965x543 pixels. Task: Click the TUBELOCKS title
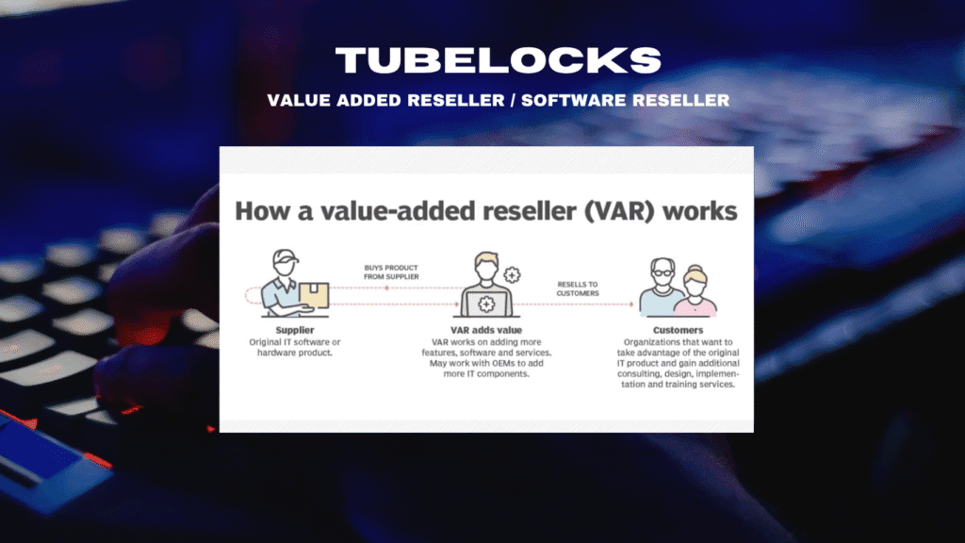coord(498,60)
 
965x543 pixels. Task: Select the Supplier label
coord(295,330)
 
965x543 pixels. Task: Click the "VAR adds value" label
coord(486,330)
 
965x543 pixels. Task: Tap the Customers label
coord(678,330)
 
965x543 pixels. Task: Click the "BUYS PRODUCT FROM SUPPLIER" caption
coord(391,272)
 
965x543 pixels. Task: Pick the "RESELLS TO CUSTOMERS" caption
coord(578,288)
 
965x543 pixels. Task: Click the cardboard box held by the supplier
coord(314,295)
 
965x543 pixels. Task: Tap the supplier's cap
coord(286,256)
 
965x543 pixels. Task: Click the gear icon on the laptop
coord(487,304)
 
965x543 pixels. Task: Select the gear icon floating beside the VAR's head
coord(512,274)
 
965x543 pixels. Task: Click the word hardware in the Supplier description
coord(276,353)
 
